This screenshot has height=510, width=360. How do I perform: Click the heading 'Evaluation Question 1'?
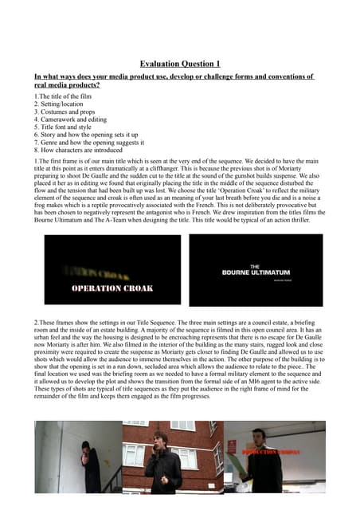pyautogui.click(x=180, y=63)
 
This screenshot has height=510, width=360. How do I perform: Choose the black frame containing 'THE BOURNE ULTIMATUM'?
pyautogui.click(x=256, y=270)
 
